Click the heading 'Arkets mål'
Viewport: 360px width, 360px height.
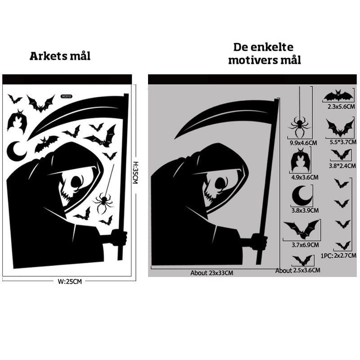click(x=60, y=56)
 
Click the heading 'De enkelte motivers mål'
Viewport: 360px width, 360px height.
click(x=264, y=54)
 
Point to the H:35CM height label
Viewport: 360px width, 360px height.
click(x=135, y=173)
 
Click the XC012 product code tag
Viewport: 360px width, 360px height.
click(x=67, y=96)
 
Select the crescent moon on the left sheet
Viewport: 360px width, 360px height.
click(x=16, y=152)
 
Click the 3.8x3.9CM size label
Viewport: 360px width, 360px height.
click(x=305, y=210)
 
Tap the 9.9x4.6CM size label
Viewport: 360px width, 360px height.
click(x=303, y=143)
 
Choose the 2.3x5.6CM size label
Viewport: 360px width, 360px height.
click(x=341, y=107)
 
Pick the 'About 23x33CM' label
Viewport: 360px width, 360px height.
click(x=211, y=273)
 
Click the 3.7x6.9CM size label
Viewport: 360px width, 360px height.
click(x=305, y=245)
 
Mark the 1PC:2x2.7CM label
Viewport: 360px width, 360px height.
click(x=338, y=256)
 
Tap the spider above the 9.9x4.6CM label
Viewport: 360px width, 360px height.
click(x=300, y=125)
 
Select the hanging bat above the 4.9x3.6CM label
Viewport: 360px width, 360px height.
click(x=300, y=161)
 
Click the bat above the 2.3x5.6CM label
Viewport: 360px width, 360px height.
click(x=338, y=96)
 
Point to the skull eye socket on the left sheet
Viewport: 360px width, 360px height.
click(x=77, y=181)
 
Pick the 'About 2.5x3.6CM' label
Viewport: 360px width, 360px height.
click(x=298, y=270)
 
